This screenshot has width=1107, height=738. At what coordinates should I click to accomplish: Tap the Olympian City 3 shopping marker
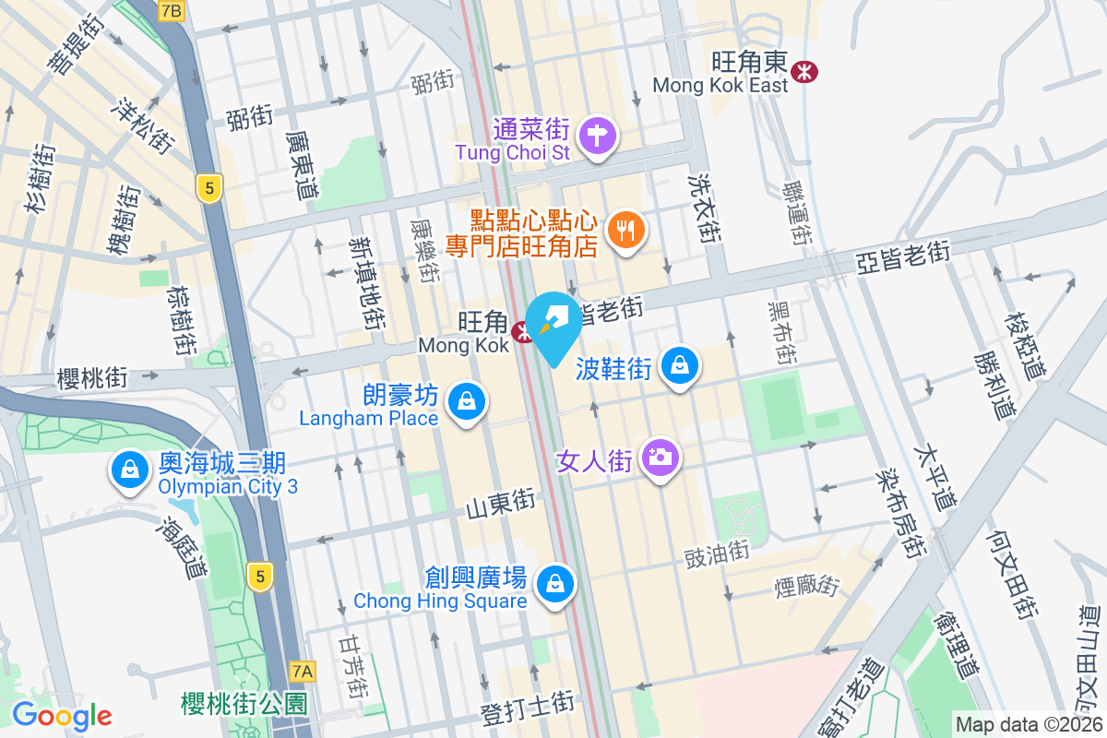[130, 470]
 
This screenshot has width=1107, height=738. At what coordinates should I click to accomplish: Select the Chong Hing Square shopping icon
[555, 584]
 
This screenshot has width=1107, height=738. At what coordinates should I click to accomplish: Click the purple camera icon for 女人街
[661, 456]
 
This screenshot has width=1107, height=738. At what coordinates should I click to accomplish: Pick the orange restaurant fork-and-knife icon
[627, 230]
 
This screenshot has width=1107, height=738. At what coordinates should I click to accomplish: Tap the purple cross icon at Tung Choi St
[599, 135]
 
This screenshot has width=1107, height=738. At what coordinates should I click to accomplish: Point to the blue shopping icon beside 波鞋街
[680, 366]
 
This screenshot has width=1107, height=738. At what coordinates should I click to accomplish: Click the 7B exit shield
[171, 10]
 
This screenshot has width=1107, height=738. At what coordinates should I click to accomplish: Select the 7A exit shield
[302, 671]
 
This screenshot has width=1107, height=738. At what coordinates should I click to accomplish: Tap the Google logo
[62, 715]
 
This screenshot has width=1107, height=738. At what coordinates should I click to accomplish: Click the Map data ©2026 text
[1028, 724]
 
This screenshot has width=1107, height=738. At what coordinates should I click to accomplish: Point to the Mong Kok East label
[720, 85]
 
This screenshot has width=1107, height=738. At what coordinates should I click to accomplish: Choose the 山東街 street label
[500, 503]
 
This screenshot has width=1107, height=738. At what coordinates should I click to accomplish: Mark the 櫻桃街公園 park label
[244, 704]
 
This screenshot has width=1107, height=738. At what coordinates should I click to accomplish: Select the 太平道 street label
[934, 479]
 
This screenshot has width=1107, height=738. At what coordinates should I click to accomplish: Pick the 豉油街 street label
[716, 554]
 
